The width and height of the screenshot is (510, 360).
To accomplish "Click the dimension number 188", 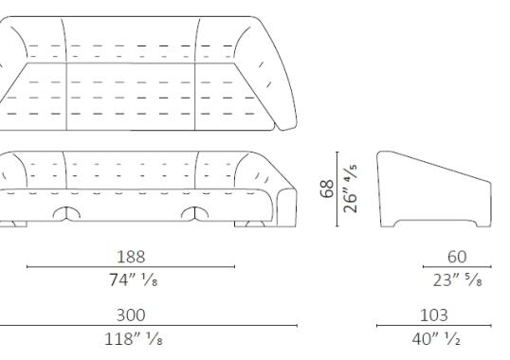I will coord(131,257).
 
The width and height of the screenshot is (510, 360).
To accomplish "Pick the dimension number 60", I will coord(457,257).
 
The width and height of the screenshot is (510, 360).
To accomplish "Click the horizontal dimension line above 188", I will coord(131,267).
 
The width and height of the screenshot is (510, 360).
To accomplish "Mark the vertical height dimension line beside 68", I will coord(338,189).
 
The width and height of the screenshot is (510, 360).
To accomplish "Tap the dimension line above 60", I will coord(457,268).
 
